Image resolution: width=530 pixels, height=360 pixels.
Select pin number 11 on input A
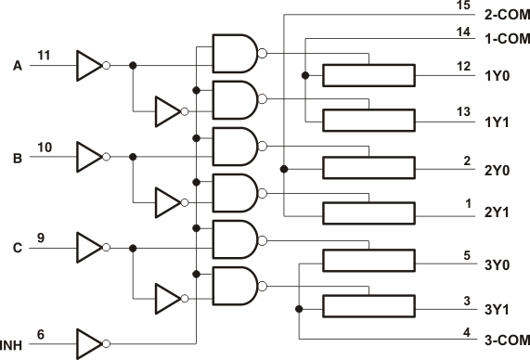pyautogui.click(x=44, y=56)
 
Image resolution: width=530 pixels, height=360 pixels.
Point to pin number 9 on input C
pyautogui.click(x=40, y=238)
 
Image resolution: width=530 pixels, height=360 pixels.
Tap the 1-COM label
pyautogui.click(x=507, y=40)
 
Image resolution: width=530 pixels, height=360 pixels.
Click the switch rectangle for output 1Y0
pyautogui.click(x=368, y=75)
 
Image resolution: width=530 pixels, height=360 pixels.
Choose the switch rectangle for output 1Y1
pyautogui.click(x=368, y=121)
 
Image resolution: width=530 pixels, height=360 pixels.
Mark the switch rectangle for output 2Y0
pyautogui.click(x=368, y=167)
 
